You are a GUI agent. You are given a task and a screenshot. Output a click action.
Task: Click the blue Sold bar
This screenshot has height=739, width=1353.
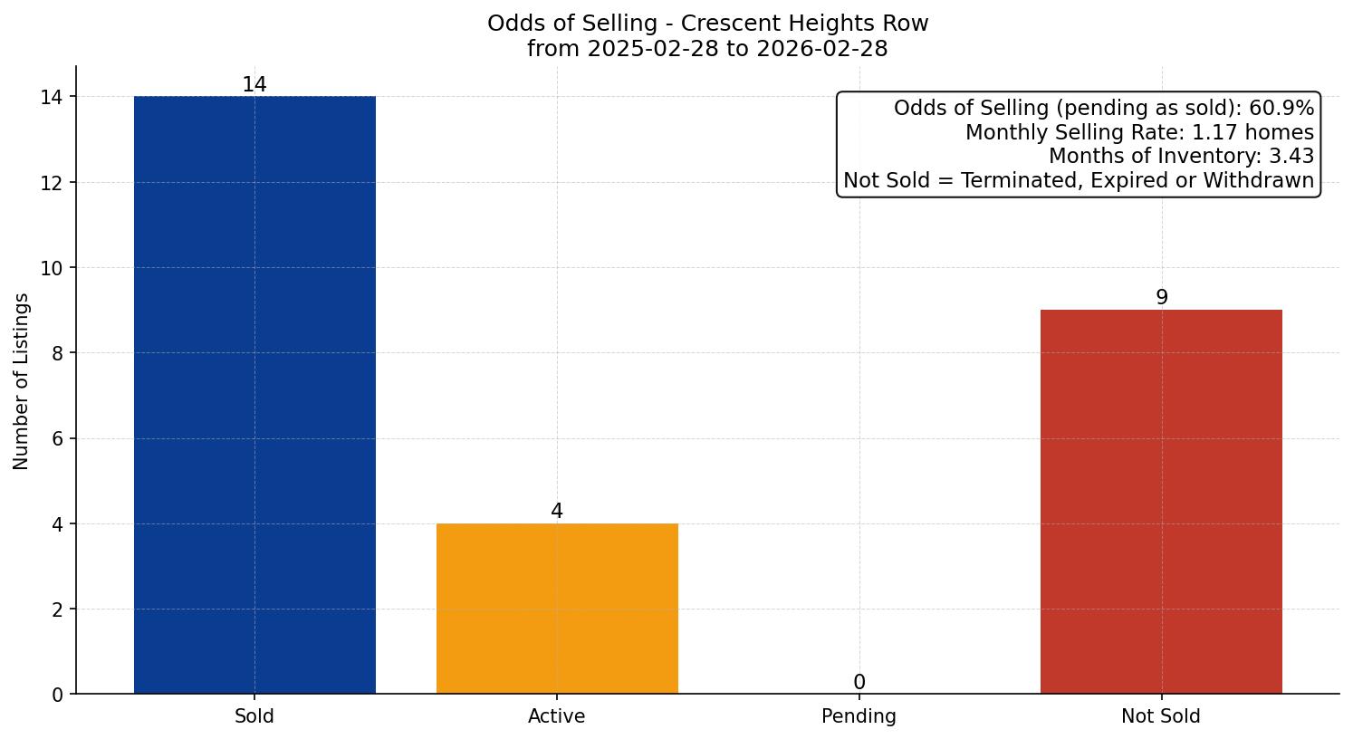coord(254,395)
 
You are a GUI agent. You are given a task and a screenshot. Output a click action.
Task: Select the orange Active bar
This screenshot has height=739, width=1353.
coord(557,609)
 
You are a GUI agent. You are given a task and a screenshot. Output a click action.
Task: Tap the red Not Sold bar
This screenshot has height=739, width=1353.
coord(1161,502)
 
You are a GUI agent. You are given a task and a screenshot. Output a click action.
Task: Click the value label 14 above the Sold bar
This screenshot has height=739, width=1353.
coord(254,85)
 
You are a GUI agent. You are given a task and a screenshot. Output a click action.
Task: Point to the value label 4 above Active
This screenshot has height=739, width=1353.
coord(557,512)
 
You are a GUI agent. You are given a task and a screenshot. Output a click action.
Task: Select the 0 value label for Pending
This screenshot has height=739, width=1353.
coord(859,683)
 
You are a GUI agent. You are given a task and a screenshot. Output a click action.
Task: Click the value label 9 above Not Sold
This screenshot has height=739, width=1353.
coord(1161,298)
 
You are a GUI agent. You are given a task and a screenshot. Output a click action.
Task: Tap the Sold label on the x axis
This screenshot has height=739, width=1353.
coord(254,716)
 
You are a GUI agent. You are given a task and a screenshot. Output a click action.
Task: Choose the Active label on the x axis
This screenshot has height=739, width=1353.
coord(557,716)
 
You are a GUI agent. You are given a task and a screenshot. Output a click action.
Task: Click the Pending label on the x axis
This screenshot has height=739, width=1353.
coord(859,716)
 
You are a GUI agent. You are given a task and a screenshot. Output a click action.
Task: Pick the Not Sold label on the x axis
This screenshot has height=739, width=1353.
coord(1161,716)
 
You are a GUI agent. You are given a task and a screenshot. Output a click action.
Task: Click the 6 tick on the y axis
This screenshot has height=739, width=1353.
coord(57,439)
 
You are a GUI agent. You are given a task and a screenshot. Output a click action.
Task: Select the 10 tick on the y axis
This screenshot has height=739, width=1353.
coord(52,268)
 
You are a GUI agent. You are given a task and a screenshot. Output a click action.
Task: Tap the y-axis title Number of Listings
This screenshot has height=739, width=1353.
coord(22,381)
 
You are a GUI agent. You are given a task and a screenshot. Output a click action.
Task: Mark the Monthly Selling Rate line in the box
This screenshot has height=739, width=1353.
coord(1139,132)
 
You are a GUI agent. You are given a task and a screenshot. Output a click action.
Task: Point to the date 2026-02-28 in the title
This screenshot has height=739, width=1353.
coord(820,49)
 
